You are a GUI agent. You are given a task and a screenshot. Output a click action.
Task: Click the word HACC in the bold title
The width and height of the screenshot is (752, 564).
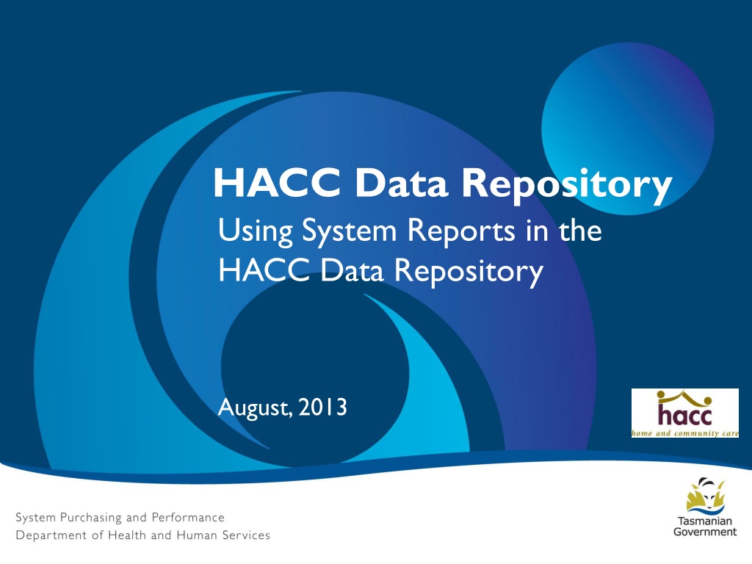pyautogui.click(x=277, y=183)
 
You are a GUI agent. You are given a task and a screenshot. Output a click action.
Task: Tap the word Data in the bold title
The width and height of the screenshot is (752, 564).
pyautogui.click(x=402, y=183)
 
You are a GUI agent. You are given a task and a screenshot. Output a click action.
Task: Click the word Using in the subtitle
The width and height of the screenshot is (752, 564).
pyautogui.click(x=255, y=231)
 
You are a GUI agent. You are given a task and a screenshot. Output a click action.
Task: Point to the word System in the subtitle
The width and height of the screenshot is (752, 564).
pyautogui.click(x=349, y=231)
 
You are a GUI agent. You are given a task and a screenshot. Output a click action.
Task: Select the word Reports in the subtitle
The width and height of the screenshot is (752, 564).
pyautogui.click(x=461, y=231)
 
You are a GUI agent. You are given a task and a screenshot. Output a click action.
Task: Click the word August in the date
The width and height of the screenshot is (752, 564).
pyautogui.click(x=254, y=408)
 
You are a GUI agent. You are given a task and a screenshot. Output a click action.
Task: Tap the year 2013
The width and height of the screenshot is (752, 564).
pyautogui.click(x=322, y=407)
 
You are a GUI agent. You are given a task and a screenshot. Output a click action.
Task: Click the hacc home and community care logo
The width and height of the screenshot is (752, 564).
pyautogui.click(x=685, y=413)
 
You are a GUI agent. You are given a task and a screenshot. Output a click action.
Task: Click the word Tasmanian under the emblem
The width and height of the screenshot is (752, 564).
pyautogui.click(x=705, y=521)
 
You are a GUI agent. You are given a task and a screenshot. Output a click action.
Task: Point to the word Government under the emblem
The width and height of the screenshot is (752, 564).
pyautogui.click(x=705, y=532)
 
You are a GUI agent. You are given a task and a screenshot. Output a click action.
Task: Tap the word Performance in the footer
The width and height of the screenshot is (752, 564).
pyautogui.click(x=188, y=518)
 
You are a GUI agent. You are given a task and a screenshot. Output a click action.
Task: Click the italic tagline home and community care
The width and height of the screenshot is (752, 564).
pyautogui.click(x=685, y=433)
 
